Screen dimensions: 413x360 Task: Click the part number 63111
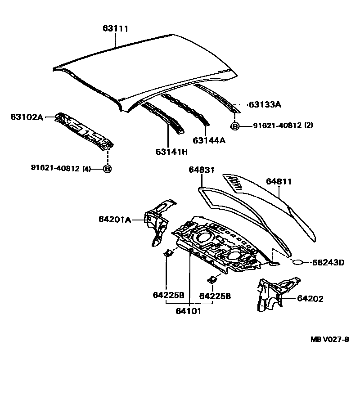point(115,29)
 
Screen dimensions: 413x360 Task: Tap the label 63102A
point(27,117)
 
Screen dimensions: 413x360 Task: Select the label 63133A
point(265,105)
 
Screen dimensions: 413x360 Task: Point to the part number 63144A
point(209,140)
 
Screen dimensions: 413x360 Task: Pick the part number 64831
point(201,170)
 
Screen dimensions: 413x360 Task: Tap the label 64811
point(279,182)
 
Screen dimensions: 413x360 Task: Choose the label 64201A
point(115,220)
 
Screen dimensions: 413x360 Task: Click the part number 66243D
point(328,262)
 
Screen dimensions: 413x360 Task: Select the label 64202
point(310,298)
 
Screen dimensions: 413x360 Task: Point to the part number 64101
point(188,311)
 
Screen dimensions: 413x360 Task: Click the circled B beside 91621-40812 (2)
point(234,126)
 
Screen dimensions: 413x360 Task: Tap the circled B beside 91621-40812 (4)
point(107,169)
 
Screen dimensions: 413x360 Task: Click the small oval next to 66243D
point(299,262)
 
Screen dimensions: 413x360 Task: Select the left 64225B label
point(168,296)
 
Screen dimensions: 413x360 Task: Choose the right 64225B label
point(215,296)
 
